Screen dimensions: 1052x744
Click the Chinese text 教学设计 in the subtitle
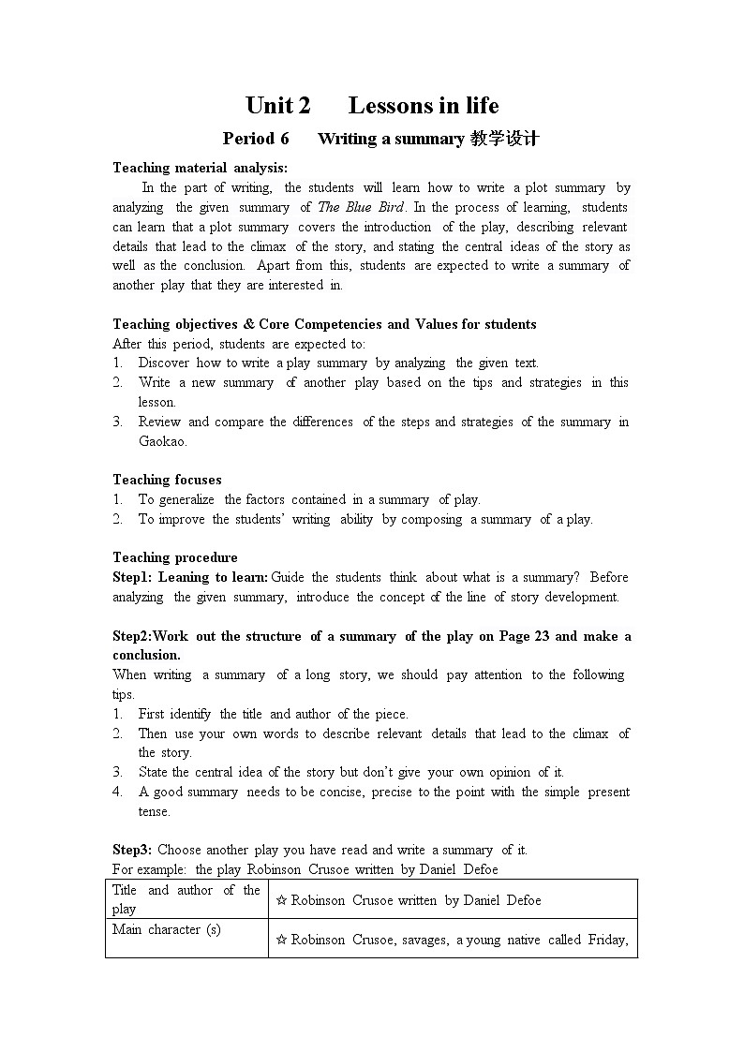tap(504, 139)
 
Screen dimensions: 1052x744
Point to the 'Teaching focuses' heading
tap(167, 480)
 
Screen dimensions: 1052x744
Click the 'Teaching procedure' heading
tap(175, 557)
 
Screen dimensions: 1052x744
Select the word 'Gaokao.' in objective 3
tap(163, 441)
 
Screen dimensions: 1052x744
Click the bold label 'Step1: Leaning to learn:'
tap(190, 577)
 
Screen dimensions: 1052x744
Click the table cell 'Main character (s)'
tap(167, 929)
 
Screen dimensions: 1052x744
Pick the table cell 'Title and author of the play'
tap(186, 899)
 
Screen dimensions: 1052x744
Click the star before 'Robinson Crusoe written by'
tap(281, 901)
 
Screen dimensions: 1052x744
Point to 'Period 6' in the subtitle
tap(256, 139)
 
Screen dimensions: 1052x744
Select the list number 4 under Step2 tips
tap(118, 793)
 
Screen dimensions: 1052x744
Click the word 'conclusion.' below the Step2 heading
tap(146, 655)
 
